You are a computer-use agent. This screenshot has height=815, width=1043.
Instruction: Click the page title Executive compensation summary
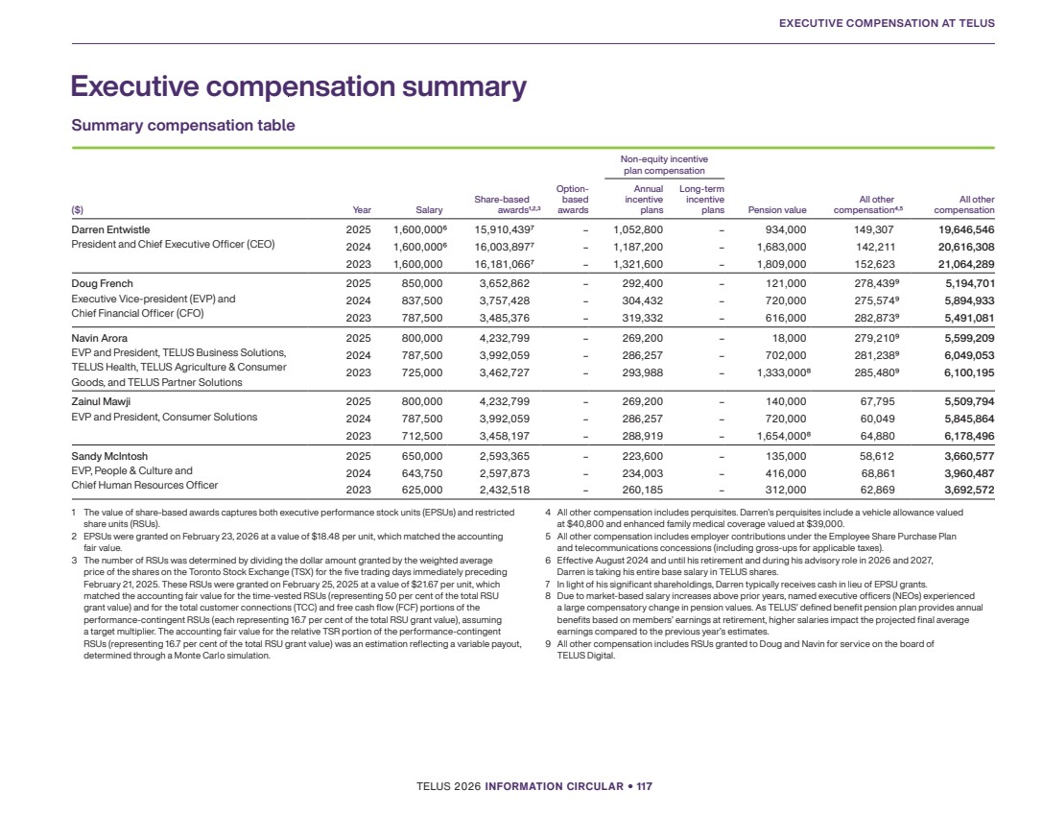tap(298, 87)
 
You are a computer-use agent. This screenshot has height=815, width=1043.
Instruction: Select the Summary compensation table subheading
tap(183, 125)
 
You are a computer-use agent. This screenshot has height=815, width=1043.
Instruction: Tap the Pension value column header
tap(777, 210)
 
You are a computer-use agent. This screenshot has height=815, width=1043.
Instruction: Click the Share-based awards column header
tap(507, 204)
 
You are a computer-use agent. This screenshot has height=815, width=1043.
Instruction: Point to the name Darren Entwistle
tap(110, 229)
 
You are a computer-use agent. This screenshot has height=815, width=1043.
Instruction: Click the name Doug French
tap(102, 283)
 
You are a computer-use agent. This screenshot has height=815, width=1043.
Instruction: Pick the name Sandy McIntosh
tap(109, 456)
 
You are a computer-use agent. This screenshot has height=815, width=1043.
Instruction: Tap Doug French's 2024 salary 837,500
tap(422, 300)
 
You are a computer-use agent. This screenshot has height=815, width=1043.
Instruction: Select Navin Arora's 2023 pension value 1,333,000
tap(782, 372)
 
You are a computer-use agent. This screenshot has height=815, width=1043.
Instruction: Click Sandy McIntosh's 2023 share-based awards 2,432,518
tap(504, 490)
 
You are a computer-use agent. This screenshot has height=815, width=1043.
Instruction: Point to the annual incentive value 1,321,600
tap(638, 264)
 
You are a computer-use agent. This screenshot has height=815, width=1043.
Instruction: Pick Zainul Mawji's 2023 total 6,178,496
tap(969, 436)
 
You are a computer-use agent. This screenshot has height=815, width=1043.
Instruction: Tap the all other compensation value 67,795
tap(877, 401)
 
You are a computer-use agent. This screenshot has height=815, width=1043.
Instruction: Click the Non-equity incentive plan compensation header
tap(664, 165)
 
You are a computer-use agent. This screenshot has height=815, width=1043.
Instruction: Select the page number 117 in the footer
tap(644, 786)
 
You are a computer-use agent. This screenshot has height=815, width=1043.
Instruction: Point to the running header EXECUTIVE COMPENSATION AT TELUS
tap(887, 23)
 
